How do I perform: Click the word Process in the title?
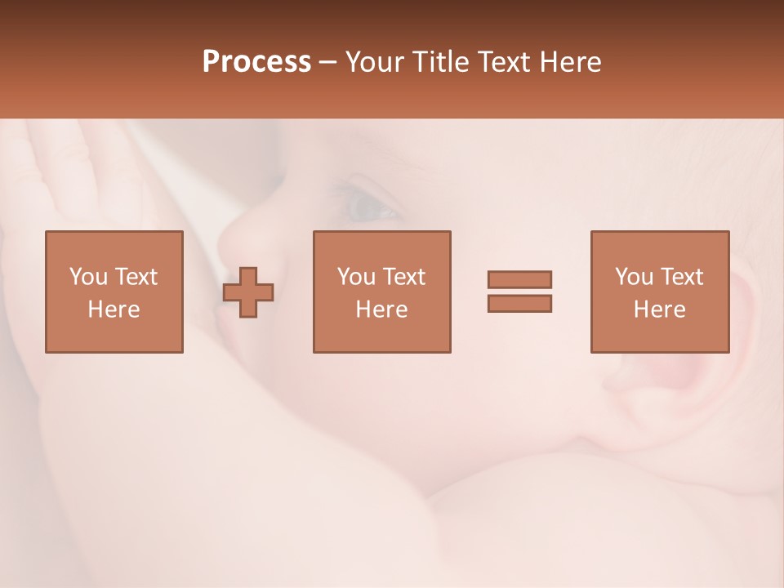point(256,62)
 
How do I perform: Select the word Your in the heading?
point(372,62)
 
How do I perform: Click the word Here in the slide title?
point(569,62)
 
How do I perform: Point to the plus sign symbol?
point(248,292)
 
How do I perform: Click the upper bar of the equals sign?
point(519,279)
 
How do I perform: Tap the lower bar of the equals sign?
point(519,303)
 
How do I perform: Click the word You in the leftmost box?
point(87,277)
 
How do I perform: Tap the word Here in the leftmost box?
point(114,310)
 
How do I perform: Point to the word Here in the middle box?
point(381,310)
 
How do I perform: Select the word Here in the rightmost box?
point(659,310)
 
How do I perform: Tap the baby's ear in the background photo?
point(747,327)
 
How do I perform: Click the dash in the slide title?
point(328,62)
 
